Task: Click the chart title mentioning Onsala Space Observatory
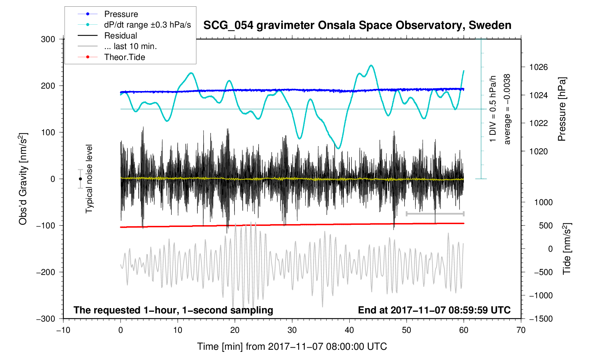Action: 357,25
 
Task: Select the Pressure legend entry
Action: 121,14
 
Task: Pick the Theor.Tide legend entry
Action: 124,57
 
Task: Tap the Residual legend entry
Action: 120,36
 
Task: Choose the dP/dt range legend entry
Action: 147,25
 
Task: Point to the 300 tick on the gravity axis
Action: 48,39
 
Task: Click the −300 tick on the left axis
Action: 46,319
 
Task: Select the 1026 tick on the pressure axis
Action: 538,67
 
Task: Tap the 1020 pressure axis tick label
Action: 538,151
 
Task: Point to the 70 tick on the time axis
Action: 521,330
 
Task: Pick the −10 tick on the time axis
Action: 63,330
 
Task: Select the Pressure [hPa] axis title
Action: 562,109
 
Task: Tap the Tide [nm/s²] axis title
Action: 567,248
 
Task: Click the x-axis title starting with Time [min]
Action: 292,347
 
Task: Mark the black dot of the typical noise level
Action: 80,179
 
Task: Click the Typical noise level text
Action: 89,179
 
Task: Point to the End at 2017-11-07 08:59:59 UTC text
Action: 434,310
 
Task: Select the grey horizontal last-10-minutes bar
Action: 435,214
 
